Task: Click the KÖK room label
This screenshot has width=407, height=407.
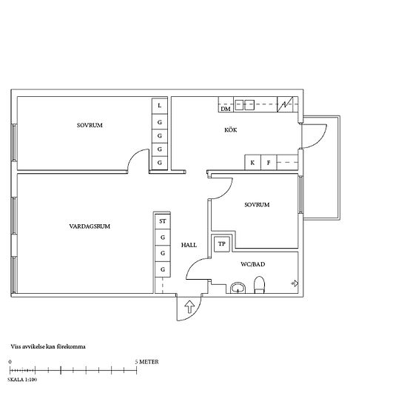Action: click(x=230, y=129)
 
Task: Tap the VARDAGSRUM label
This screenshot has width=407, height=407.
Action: click(x=90, y=226)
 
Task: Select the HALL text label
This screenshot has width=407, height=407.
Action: click(x=189, y=245)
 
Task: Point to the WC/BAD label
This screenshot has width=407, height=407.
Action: click(x=253, y=264)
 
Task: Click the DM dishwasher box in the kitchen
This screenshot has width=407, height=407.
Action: click(x=226, y=104)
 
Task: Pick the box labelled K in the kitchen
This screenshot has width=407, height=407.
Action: click(x=252, y=163)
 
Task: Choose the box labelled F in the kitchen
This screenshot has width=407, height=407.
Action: click(x=269, y=163)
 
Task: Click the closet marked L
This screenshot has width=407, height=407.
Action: click(x=160, y=106)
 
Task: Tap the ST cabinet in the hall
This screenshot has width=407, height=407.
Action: click(x=163, y=221)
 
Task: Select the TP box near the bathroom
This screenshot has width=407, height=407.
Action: click(x=222, y=244)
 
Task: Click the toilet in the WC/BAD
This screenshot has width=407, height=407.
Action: click(x=259, y=285)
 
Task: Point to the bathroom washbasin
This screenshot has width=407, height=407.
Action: click(x=238, y=288)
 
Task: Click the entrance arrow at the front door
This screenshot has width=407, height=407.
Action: click(x=189, y=306)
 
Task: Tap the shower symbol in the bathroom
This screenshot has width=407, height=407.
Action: click(x=295, y=283)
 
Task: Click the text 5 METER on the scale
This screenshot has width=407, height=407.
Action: click(x=147, y=362)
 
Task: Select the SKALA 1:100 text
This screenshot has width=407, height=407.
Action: click(x=22, y=380)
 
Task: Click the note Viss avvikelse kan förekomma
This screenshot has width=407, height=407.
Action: click(x=48, y=346)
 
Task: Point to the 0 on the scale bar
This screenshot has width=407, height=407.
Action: click(x=10, y=362)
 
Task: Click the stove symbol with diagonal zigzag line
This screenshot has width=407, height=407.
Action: click(x=285, y=104)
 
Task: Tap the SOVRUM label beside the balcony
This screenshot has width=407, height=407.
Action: click(x=257, y=205)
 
